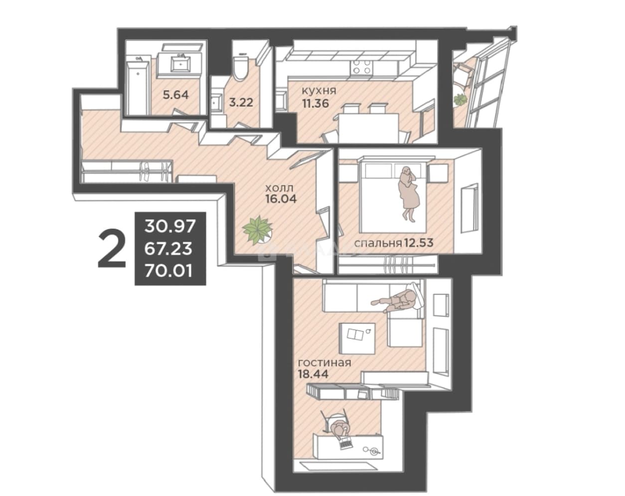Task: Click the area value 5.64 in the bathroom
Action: [x=176, y=95]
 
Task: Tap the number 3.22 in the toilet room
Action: [x=241, y=103]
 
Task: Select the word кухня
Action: [x=319, y=91]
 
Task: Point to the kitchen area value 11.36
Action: [x=315, y=103]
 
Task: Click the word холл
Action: [x=279, y=188]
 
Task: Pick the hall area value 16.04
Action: [x=281, y=199]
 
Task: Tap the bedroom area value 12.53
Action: [x=418, y=242]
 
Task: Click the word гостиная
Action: [x=325, y=363]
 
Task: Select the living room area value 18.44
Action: [x=313, y=374]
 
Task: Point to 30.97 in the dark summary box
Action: [x=170, y=226]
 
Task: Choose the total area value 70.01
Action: [x=168, y=272]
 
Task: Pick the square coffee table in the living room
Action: [x=357, y=338]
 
